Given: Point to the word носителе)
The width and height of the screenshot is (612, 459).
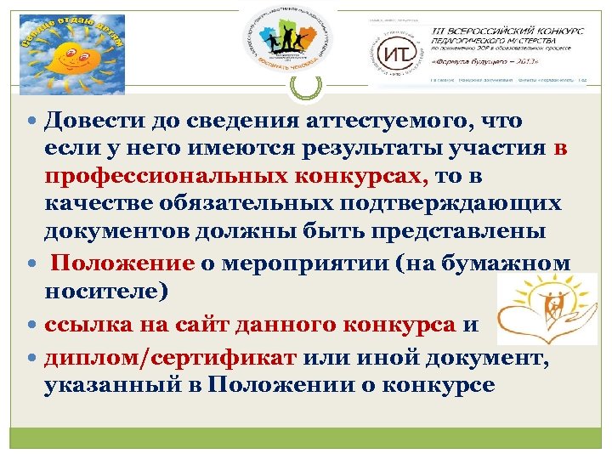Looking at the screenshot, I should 107,291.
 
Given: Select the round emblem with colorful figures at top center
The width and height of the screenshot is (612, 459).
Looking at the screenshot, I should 286,39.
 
